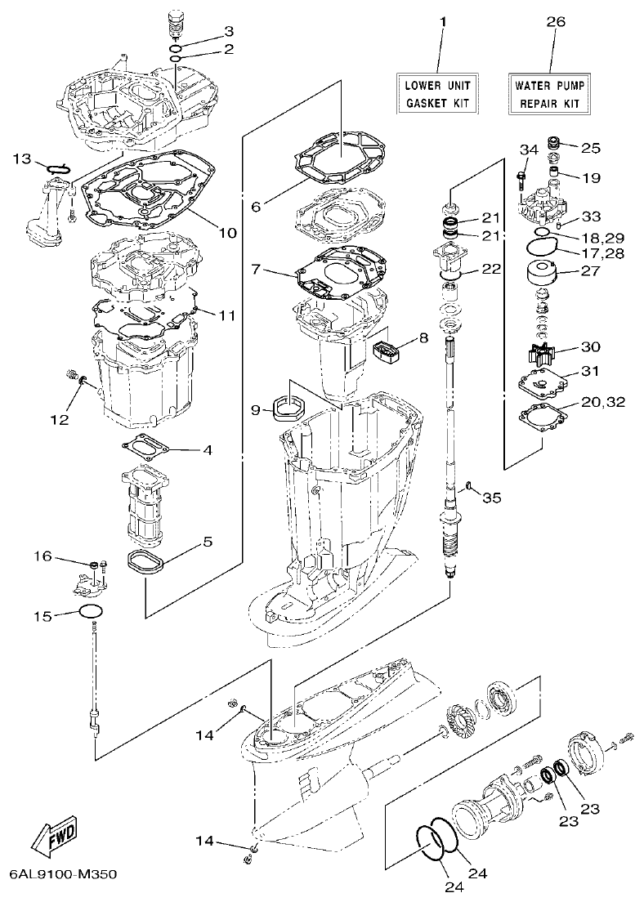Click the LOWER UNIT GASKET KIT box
point(438,94)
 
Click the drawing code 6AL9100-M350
point(64,874)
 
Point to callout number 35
point(491,497)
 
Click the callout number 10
point(227,233)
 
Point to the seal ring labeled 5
point(150,564)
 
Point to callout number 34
point(529,149)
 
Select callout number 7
point(257,269)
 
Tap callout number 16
point(42,556)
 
